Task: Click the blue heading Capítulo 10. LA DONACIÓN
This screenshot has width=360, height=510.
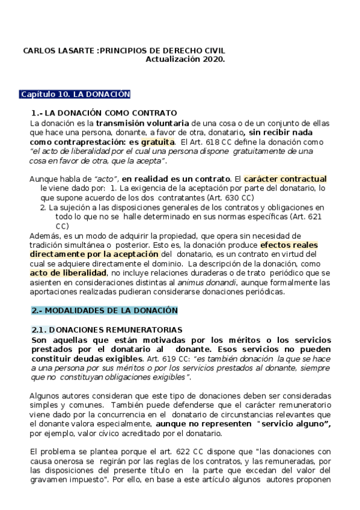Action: pyautogui.click(x=75, y=94)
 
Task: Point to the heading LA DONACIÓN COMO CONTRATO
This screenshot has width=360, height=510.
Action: pyautogui.click(x=111, y=112)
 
